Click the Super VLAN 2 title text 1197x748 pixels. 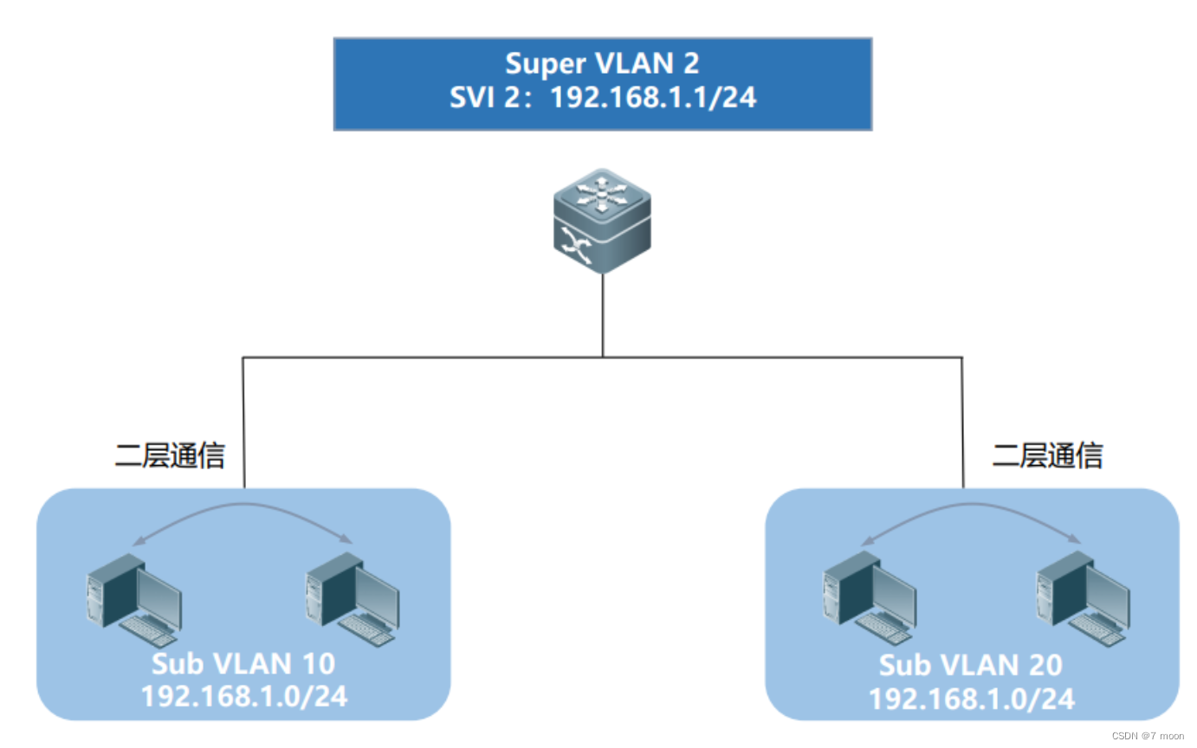tap(602, 64)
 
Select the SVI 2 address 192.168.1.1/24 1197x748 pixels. tap(653, 97)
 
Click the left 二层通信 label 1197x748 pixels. tap(170, 455)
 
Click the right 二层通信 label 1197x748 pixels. tap(1048, 455)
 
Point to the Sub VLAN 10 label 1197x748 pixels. tap(243, 664)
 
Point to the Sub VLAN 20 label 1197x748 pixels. tap(971, 666)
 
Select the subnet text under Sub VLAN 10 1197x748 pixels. tap(243, 695)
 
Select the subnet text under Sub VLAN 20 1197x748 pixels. tap(971, 698)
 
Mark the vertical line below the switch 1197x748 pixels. tap(603, 316)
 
